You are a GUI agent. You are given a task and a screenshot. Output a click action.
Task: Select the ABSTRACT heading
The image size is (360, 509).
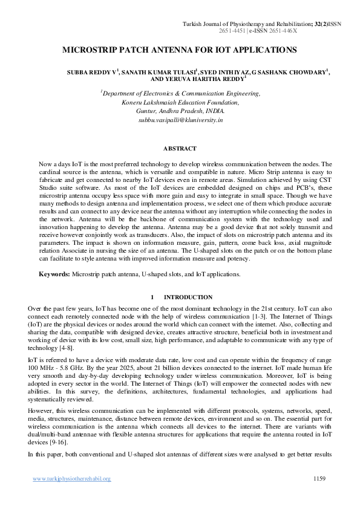click(x=180, y=148)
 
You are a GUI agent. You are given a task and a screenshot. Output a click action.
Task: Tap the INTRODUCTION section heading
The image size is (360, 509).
click(x=188, y=297)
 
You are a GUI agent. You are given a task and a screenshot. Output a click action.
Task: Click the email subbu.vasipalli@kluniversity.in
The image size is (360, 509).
click(x=180, y=120)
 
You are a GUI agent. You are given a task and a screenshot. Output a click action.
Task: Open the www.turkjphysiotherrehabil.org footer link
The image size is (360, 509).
click(x=71, y=479)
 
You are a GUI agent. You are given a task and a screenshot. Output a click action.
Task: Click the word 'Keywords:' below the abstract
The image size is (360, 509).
click(x=54, y=274)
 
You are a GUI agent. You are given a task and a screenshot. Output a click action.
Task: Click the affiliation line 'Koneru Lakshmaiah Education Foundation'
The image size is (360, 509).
click(x=180, y=103)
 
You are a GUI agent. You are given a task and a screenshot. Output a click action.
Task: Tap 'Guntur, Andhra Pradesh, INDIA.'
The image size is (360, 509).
click(x=180, y=111)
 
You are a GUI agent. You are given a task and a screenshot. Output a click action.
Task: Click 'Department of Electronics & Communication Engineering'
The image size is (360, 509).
click(x=180, y=94)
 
